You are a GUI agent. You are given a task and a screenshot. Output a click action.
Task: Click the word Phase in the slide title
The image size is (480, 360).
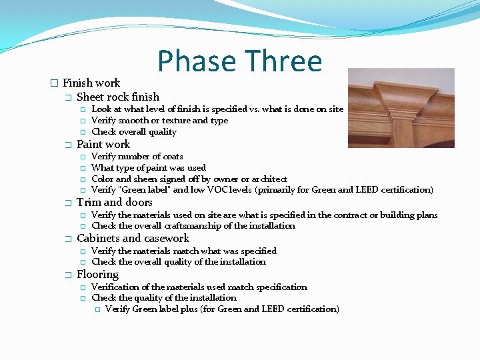coord(197,61)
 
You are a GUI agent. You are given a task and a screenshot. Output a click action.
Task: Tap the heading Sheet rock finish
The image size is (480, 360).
coord(118,97)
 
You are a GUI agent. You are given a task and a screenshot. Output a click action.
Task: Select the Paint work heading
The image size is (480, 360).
coord(103,145)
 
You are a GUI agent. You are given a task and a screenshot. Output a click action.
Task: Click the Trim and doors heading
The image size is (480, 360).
coord(115,203)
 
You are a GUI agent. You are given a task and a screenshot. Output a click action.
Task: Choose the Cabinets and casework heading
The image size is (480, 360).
coord(133,239)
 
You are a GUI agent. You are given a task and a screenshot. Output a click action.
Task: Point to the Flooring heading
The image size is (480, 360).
coord(97,275)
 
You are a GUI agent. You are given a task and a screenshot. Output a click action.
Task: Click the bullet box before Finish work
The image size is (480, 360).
coord(54,83)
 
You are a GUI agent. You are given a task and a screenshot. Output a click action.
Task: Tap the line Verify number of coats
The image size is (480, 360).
coord(137,157)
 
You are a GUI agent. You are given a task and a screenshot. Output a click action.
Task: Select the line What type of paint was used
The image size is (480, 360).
coord(148,168)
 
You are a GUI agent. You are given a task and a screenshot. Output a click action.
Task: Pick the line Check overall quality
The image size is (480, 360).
coord(133,132)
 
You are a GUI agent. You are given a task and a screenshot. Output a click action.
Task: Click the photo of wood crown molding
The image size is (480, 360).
coord(401,108)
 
